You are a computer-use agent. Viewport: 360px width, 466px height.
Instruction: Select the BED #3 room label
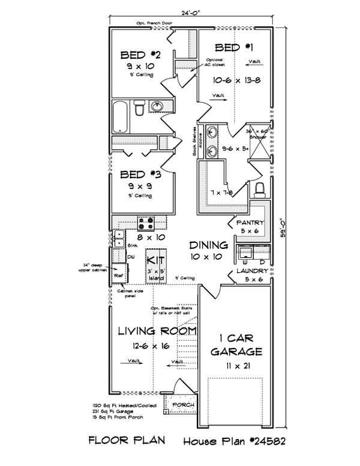pyautogui.click(x=140, y=175)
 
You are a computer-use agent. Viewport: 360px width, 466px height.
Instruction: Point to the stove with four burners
pyautogui.click(x=146, y=224)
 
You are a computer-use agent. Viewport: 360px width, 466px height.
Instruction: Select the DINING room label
pyautogui.click(x=208, y=245)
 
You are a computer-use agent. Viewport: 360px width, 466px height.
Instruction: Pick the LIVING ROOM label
pyautogui.click(x=157, y=331)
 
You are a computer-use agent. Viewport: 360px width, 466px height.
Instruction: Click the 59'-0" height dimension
pyautogui.click(x=284, y=227)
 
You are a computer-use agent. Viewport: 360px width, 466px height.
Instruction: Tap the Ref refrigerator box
pyautogui.click(x=119, y=275)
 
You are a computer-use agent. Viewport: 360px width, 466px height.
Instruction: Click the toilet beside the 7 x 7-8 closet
pyautogui.click(x=260, y=190)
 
